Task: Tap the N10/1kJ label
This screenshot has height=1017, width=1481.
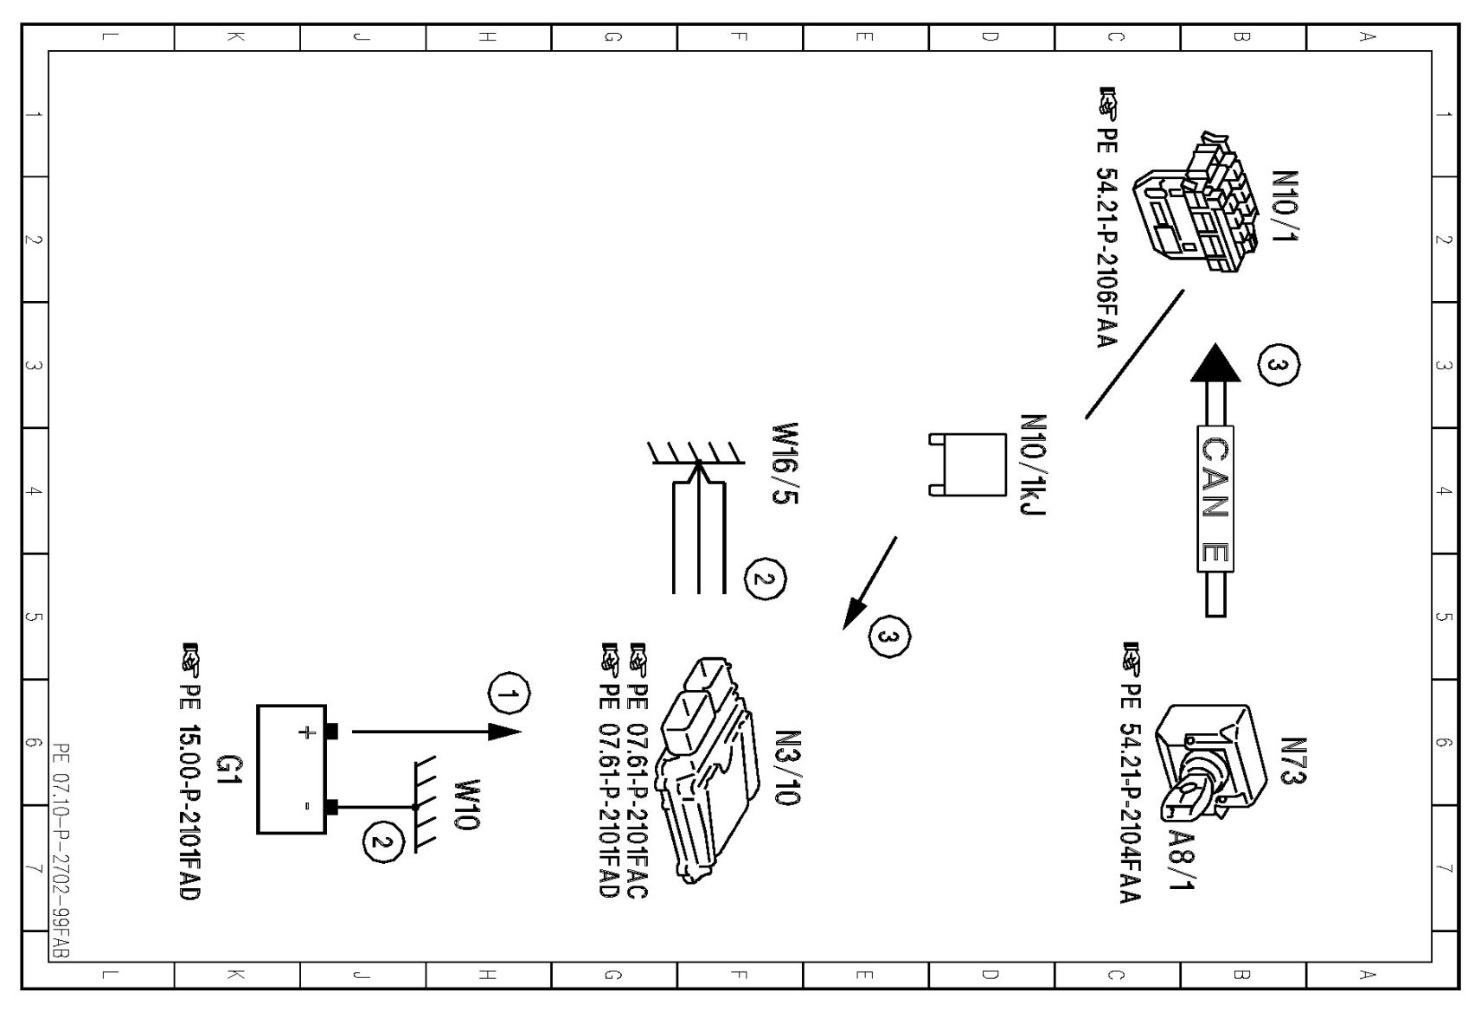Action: point(1034,464)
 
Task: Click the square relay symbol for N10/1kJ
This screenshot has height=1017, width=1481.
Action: point(974,464)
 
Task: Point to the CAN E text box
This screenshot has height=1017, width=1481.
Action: point(1215,499)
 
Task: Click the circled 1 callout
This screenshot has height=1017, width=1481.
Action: point(510,694)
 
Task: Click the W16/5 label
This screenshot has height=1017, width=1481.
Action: point(785,464)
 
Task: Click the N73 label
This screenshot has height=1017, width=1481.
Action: point(1292,761)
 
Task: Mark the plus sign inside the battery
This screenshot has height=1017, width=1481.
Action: point(306,732)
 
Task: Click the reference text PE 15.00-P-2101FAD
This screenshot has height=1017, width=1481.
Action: point(189,811)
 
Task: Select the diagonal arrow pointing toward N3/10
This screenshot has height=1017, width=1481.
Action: point(870,583)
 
